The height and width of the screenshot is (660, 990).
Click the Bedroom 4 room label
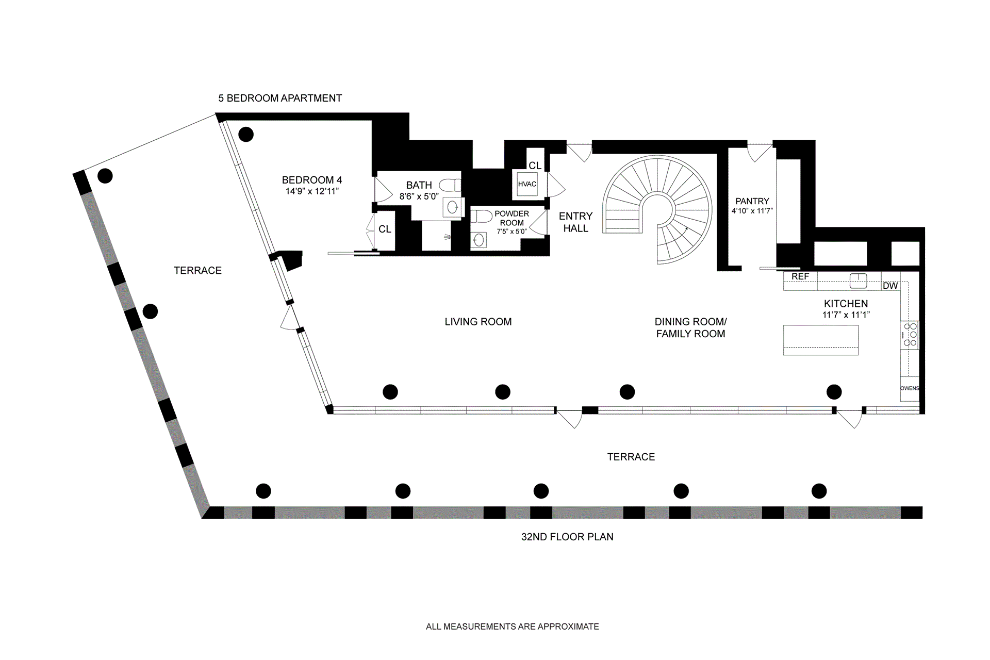point(311,180)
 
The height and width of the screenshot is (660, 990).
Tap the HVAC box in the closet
point(527,184)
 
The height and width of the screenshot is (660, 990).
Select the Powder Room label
point(511,218)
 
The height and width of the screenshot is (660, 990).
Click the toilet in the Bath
point(450,185)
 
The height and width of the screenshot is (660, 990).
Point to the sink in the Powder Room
point(478,240)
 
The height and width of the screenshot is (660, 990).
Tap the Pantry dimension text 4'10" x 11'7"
point(752,211)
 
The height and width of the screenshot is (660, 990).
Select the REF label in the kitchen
point(800,277)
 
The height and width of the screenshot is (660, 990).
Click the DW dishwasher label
point(890,286)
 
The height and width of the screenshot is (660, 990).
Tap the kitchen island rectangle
point(821,340)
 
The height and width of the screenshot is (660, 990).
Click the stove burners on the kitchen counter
point(910,335)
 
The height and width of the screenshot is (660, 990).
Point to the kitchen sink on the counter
point(858,280)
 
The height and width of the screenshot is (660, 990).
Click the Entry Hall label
point(575,222)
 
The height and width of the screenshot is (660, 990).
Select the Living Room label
point(478,322)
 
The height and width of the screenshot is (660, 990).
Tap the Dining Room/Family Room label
point(690,327)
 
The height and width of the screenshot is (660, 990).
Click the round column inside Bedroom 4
point(246,135)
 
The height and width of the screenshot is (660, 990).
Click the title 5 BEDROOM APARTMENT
point(280,98)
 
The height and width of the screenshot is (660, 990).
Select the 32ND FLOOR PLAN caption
point(567,537)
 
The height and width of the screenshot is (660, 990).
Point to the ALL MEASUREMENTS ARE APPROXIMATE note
point(512,626)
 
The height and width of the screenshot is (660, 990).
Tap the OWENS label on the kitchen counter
point(909,388)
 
